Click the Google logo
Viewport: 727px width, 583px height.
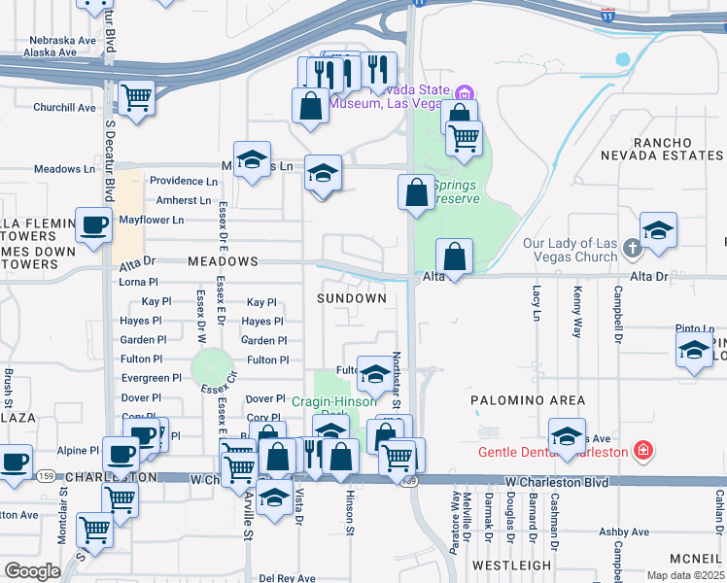point(33,571)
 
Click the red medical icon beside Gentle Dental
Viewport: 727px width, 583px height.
point(641,451)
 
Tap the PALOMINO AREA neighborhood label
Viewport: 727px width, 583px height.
point(528,400)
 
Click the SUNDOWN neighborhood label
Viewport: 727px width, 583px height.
point(351,298)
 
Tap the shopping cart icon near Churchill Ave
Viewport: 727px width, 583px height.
point(137,98)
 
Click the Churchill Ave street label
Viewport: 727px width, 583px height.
point(64,108)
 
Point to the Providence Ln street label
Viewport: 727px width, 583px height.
point(183,181)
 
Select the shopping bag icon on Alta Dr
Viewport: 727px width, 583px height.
point(454,258)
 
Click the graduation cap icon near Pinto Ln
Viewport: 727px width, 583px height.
point(694,353)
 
